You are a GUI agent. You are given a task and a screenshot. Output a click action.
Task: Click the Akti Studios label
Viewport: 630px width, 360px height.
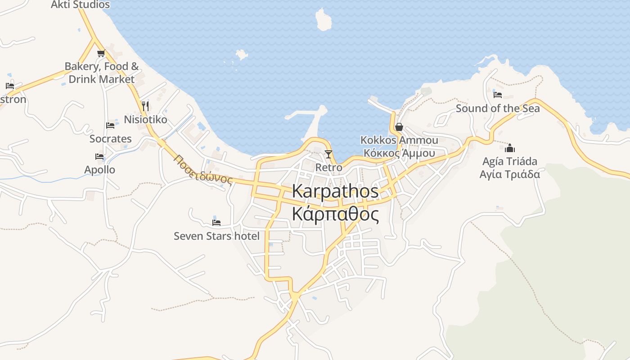(80, 5)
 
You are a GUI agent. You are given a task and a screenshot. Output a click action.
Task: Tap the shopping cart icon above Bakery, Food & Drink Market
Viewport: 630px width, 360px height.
(101, 54)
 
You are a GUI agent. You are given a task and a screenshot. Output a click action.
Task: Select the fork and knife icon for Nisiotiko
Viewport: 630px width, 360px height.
(145, 106)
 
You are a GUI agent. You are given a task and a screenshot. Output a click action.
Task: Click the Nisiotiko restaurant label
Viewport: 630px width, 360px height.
(145, 120)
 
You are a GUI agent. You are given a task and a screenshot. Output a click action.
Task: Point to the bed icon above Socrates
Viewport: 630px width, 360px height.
(110, 126)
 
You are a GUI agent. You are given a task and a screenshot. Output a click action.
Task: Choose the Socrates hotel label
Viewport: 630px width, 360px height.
(111, 139)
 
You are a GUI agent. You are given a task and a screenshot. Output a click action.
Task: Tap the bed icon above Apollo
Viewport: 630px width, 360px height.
(99, 157)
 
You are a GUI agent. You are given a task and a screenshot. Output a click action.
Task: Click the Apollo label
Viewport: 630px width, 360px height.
(100, 170)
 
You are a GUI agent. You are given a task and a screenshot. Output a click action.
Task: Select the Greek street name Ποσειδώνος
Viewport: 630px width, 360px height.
(203, 170)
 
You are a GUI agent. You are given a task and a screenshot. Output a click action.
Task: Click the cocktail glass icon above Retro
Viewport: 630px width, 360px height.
(328, 154)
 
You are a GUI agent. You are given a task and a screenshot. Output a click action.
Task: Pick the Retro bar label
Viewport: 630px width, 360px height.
(328, 167)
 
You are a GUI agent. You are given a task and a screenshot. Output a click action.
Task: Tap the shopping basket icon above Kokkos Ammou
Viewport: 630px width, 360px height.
(399, 127)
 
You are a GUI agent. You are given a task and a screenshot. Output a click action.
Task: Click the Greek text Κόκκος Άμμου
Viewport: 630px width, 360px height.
(399, 153)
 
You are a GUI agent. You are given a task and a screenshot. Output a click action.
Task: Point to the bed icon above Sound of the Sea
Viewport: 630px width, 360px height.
(497, 94)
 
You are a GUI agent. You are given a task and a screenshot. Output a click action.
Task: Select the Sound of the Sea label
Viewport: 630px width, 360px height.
(498, 108)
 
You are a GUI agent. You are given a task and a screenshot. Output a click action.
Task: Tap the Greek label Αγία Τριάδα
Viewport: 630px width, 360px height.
(510, 174)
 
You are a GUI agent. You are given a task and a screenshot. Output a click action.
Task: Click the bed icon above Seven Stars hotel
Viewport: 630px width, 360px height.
(216, 222)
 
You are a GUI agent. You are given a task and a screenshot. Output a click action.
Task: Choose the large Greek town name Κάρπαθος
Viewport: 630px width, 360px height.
(335, 215)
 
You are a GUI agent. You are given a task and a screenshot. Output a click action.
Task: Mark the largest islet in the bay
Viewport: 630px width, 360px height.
(323, 20)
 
